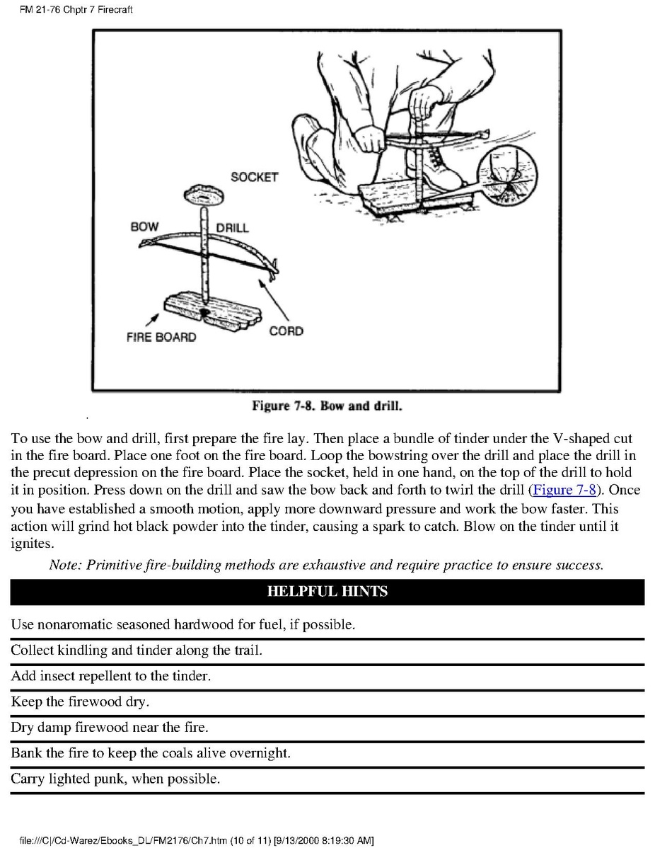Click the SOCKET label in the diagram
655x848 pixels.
(254, 177)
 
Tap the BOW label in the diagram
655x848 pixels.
(144, 227)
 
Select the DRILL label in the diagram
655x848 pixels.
(232, 228)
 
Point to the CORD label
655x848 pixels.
(286, 331)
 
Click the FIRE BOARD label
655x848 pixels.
(161, 337)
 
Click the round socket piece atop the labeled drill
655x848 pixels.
(204, 195)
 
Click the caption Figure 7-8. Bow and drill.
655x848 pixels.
(327, 406)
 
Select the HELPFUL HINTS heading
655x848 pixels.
(327, 591)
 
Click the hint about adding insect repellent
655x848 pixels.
(111, 676)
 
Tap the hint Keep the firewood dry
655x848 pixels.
(80, 701)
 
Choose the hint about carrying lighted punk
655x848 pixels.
(115, 779)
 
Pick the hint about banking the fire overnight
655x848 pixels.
(151, 753)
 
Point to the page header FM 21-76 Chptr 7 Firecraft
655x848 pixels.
(67, 10)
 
